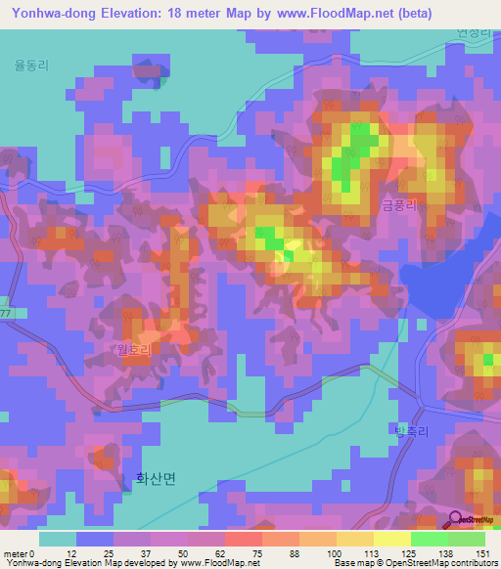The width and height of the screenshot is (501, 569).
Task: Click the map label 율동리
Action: (x=31, y=66)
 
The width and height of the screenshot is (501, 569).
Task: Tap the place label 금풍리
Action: (x=399, y=204)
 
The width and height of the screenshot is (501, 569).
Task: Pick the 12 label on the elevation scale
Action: (x=71, y=554)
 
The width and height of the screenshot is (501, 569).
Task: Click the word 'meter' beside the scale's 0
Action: (x=15, y=554)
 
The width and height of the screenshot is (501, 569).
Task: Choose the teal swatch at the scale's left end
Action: (x=57, y=539)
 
